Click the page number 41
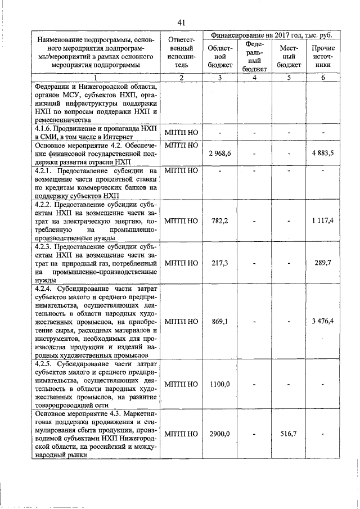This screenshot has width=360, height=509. click(181, 22)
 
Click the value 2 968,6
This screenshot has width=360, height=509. click(220, 153)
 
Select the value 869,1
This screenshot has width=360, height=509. click(220, 321)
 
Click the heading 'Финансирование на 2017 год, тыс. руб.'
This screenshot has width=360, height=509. click(271, 35)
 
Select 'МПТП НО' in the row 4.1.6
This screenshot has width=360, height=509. click(181, 132)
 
